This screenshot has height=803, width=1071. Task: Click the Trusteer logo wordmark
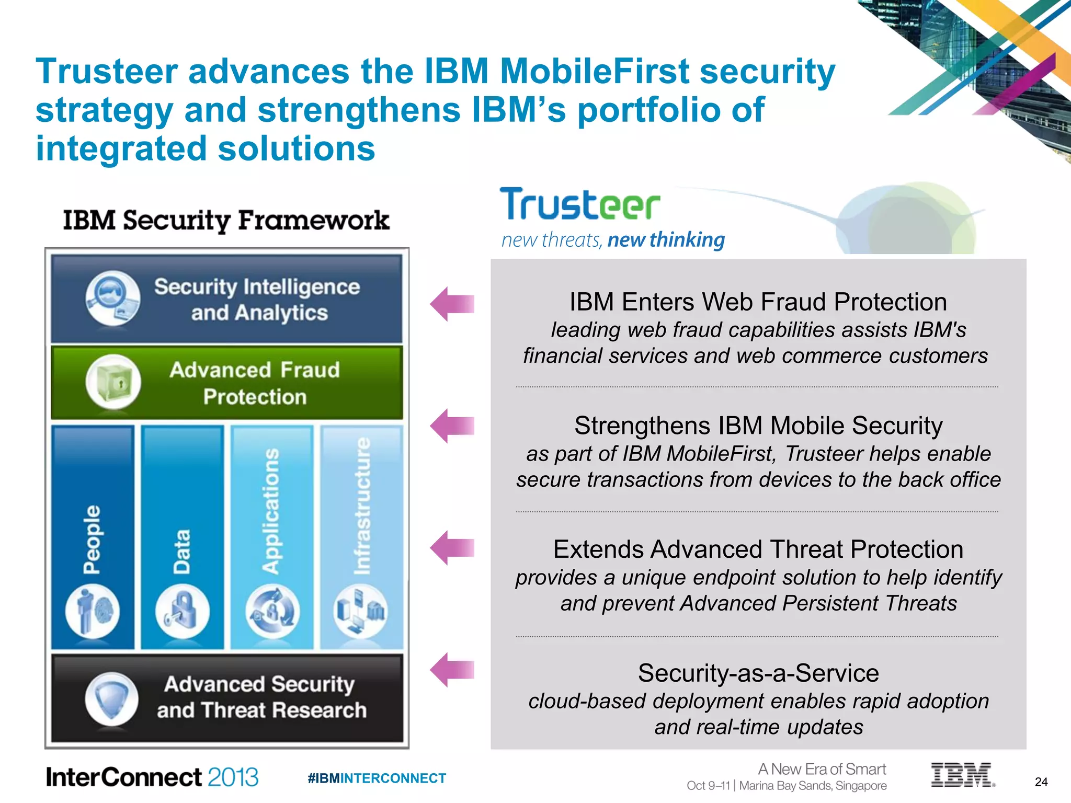[x=579, y=204]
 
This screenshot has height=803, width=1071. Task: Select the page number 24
[x=1041, y=782]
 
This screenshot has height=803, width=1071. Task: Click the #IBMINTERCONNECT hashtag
[x=377, y=778]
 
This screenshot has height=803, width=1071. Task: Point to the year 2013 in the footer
[x=233, y=777]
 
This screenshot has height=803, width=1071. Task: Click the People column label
[x=93, y=539]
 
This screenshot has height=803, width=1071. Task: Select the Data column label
[x=182, y=552]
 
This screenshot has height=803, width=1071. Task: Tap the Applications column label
[x=271, y=511]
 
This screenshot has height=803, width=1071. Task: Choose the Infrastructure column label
[x=361, y=506]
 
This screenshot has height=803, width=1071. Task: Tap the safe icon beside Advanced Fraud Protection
[x=113, y=382]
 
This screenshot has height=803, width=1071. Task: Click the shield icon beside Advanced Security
[x=111, y=699]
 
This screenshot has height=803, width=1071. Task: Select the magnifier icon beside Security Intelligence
[x=112, y=298]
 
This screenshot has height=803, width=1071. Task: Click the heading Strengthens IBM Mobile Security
[x=758, y=426]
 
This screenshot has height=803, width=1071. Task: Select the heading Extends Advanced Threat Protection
[x=758, y=549]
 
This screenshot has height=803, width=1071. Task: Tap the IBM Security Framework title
[x=226, y=220]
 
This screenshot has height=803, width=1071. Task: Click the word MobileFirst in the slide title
[x=595, y=71]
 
